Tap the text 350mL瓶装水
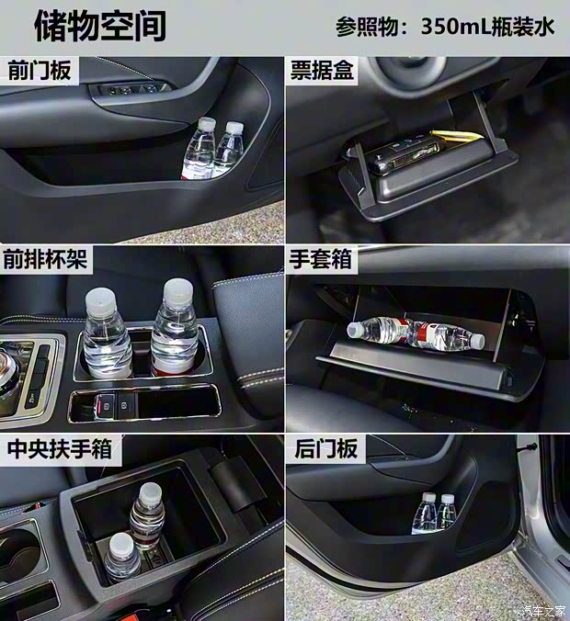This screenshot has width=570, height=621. pos(488,27)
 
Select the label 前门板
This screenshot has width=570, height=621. pos(39,71)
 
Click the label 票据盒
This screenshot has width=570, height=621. pos(322,71)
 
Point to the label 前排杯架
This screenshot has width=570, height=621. pos(46,259)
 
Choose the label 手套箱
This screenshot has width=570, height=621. pos(322,260)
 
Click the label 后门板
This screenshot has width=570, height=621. pos(322,450)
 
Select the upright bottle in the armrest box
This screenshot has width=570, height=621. pos(146,514)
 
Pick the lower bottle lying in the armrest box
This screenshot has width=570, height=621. pos(120,556)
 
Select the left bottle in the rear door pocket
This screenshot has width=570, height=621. pos(425,515)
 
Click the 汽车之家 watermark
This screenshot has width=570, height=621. pos(542,611)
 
